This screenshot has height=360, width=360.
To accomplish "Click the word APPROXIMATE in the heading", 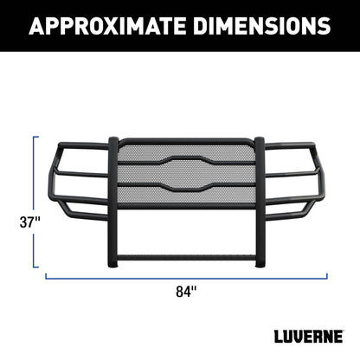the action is pos(108,26).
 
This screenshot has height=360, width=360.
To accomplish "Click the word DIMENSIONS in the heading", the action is pos(262,26).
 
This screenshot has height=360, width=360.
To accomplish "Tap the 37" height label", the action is pos(29,222).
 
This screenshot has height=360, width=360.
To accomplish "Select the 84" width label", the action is pos(186,292).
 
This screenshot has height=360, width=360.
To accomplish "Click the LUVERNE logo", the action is pos(309,337).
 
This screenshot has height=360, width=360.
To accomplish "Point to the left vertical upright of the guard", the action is pos(113,202).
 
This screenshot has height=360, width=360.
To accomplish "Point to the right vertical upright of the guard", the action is pos(260,202).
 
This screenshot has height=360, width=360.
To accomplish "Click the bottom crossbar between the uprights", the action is pos(186,258).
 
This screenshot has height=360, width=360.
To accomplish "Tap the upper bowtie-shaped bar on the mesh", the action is pos(186,160).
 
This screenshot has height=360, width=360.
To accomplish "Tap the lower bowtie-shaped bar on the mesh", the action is pos(186,187).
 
